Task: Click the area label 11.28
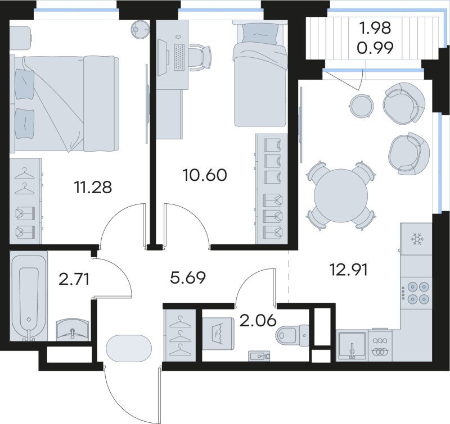point(93,187)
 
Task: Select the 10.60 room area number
point(205,176)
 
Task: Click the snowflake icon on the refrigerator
point(416,240)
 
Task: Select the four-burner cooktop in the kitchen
point(416,291)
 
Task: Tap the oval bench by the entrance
point(129,348)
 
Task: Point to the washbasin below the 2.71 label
point(73,329)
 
